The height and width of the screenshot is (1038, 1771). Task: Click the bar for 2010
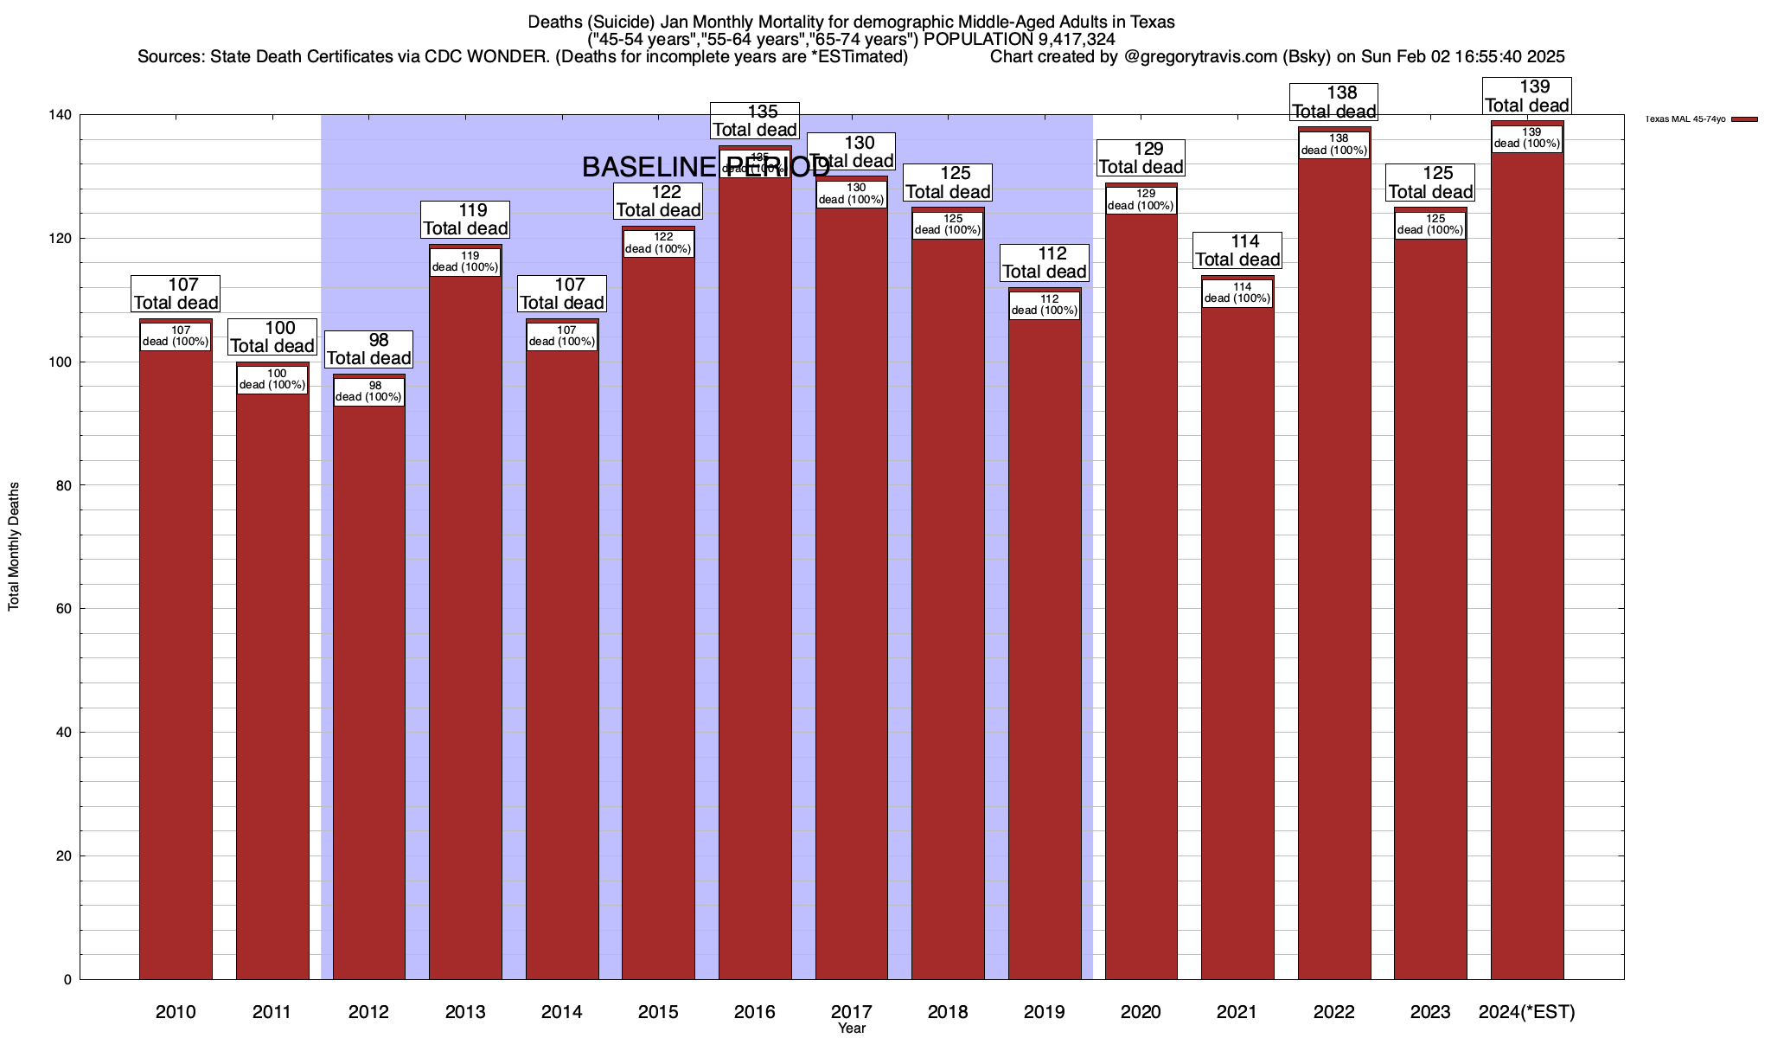click(x=176, y=657)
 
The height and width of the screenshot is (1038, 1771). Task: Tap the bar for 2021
click(x=1237, y=640)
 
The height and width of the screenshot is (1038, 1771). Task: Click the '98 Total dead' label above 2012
click(x=369, y=349)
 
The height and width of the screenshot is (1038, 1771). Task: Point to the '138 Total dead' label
click(x=1334, y=102)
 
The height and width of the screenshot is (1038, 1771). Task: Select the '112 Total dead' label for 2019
click(x=1045, y=263)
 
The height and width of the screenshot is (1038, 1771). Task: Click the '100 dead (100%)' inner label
click(x=272, y=380)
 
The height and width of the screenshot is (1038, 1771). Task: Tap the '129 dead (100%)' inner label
click(x=1141, y=200)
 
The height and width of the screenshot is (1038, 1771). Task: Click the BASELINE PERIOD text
click(x=706, y=168)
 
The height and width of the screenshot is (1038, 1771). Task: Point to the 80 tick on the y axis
click(x=64, y=486)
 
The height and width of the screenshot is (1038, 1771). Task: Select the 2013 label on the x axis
click(x=465, y=1012)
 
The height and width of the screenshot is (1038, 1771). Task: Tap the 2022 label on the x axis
click(x=1334, y=1012)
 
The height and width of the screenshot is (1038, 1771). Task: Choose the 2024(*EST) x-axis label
click(x=1527, y=1012)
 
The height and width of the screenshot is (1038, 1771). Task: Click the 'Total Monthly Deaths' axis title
click(x=14, y=547)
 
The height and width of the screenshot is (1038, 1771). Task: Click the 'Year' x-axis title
click(x=852, y=1028)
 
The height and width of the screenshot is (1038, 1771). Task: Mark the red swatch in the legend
click(x=1745, y=119)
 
